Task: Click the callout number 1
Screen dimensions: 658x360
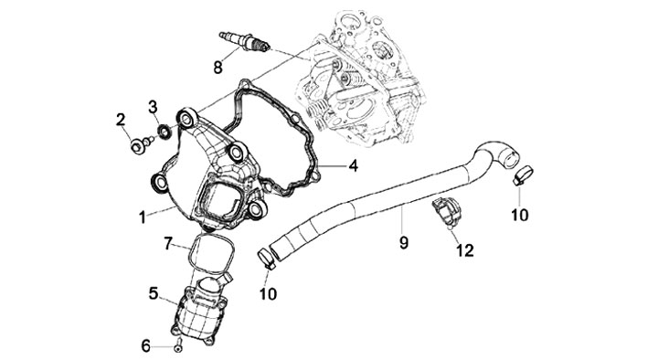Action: [x=143, y=217]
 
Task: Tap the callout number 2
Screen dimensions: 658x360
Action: [x=121, y=121]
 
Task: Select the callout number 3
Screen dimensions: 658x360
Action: [x=153, y=107]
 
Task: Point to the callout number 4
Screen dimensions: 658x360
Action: [x=354, y=165]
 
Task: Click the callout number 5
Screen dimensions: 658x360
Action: [x=154, y=293]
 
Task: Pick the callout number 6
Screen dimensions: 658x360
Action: [x=145, y=346]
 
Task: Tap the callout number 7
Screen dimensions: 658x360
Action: [x=168, y=243]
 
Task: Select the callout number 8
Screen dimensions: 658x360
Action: [x=218, y=67]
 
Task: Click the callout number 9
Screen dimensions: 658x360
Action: [x=403, y=242]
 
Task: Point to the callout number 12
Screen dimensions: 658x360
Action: [x=465, y=250]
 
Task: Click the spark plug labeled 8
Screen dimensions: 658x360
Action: [x=244, y=42]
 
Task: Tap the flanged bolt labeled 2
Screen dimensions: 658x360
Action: [x=141, y=145]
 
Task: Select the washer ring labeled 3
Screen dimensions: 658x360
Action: [x=164, y=132]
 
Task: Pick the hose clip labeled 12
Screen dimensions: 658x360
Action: [x=447, y=212]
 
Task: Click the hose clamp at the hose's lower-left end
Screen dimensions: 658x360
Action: [x=267, y=258]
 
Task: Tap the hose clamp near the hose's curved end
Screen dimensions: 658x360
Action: [x=524, y=175]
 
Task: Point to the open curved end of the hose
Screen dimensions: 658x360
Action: [x=512, y=159]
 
